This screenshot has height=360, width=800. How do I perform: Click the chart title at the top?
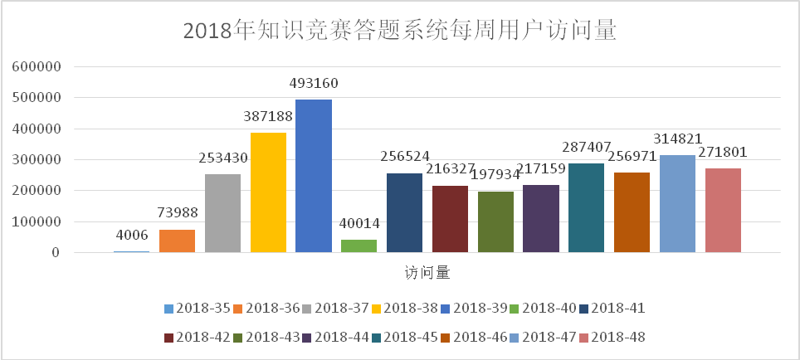399,31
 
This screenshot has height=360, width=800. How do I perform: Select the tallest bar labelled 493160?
313,176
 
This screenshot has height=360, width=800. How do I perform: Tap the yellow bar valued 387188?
268,192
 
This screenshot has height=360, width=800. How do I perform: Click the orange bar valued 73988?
177,241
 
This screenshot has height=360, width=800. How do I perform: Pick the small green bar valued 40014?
359,246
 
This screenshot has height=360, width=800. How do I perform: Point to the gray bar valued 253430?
222,213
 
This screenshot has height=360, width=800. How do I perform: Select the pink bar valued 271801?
723,210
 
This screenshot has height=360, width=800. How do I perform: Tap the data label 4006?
131,236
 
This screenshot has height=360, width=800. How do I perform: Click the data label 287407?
587,147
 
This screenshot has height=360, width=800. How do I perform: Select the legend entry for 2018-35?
198,309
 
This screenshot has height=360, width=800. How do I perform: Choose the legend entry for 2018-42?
198,337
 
